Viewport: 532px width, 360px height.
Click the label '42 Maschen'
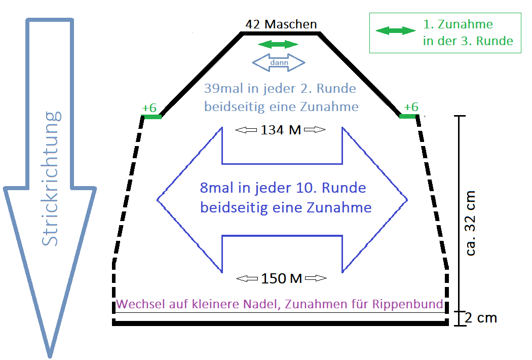point(281,24)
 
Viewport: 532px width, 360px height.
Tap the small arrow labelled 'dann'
point(279,63)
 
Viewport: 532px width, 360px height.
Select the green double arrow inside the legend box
point(396,31)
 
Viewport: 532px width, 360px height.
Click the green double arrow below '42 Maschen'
point(278,45)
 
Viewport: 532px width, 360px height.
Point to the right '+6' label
point(411,107)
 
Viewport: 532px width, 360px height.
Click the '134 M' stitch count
point(281,130)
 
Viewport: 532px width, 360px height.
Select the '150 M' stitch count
point(281,278)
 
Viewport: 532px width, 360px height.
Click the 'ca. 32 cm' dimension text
point(471,223)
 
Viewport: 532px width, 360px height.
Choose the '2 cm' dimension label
point(481,318)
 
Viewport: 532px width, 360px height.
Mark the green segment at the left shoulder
point(151,117)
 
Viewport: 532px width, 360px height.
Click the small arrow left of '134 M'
point(247,130)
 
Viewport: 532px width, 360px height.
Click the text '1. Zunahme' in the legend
point(458,24)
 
